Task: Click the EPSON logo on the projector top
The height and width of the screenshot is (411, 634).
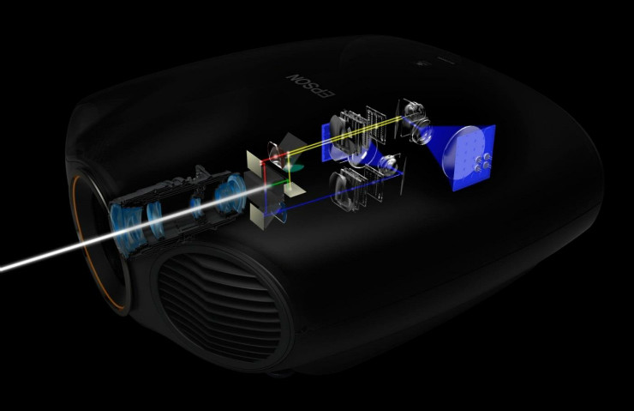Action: (x=311, y=86)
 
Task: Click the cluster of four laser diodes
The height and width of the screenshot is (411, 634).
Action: (x=482, y=162)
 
